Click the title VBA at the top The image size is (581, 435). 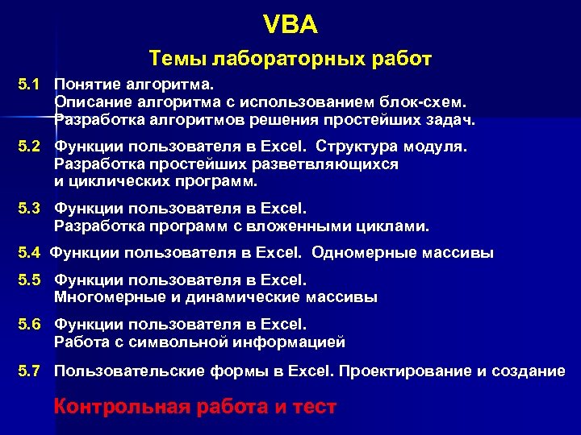coord(290,25)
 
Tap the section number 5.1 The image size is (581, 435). coord(28,83)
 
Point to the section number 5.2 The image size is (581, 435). coord(28,147)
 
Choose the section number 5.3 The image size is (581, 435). coord(28,208)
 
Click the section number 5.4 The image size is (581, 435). coord(28,253)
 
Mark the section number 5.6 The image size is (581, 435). coord(28,325)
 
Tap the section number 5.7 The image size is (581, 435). coord(28,371)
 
